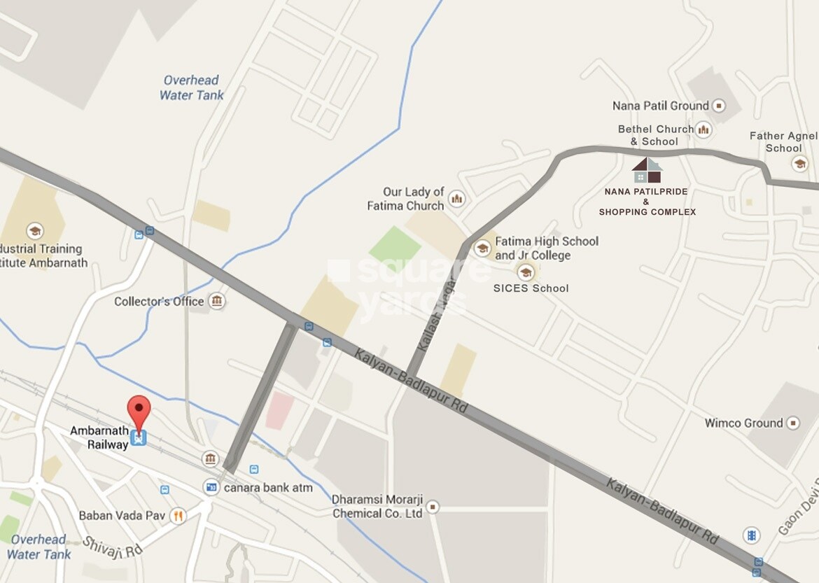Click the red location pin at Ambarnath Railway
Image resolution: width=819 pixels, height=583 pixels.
pyautogui.click(x=139, y=410)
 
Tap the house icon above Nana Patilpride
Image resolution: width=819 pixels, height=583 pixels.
pyautogui.click(x=647, y=170)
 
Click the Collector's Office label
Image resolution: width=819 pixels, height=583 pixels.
pyautogui.click(x=159, y=302)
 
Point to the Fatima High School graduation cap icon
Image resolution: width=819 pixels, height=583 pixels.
pyautogui.click(x=482, y=248)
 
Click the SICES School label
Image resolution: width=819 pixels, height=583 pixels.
pyautogui.click(x=531, y=288)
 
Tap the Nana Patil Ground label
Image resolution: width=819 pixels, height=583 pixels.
pyautogui.click(x=660, y=106)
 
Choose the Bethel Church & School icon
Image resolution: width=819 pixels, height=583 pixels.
pyautogui.click(x=703, y=129)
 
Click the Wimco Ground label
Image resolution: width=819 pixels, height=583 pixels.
pyautogui.click(x=743, y=423)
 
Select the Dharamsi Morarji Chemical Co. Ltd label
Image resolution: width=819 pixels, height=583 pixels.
pyautogui.click(x=377, y=506)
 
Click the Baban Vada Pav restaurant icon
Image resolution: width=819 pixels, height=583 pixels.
pyautogui.click(x=178, y=516)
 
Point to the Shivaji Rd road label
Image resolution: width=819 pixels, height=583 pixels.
pyautogui.click(x=113, y=546)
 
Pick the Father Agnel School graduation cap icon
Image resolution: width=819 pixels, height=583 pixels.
pyautogui.click(x=799, y=164)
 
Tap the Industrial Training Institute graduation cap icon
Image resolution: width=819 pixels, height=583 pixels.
pyautogui.click(x=34, y=231)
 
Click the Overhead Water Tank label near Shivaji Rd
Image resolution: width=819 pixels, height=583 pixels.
pyautogui.click(x=39, y=547)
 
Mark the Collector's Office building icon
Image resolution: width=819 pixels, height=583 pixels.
pyautogui.click(x=217, y=302)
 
